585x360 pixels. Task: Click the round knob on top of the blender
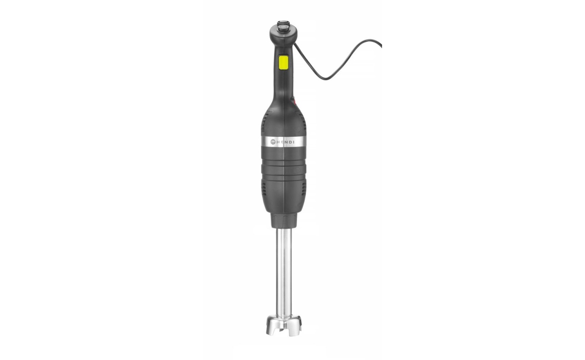pos(283,27)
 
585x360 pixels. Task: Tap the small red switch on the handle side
pos(293,100)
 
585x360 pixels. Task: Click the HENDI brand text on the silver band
pos(285,142)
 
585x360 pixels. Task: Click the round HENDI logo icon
pos(273,142)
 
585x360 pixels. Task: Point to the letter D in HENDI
pos(290,142)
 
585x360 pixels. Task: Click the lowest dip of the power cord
pos(325,79)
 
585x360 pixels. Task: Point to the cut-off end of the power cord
pos(381,46)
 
